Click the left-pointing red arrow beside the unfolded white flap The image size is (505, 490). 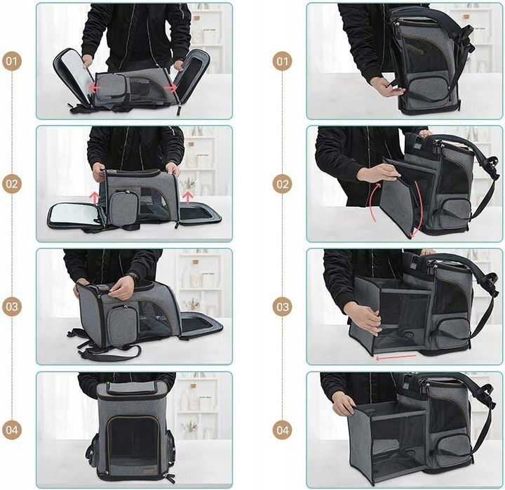point(95,87)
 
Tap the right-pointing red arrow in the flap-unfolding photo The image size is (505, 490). point(170,88)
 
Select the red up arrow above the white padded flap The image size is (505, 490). point(95,197)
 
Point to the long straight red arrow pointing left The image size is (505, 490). point(396,357)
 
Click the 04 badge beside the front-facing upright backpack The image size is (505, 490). point(12,430)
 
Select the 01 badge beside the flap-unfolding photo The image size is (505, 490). point(12,61)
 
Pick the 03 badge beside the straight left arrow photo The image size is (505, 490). point(283,307)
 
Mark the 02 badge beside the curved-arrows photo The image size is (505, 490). point(283,184)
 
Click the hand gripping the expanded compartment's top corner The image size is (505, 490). point(344,406)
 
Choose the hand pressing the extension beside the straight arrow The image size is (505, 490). point(363,319)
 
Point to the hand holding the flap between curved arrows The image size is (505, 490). point(379,172)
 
